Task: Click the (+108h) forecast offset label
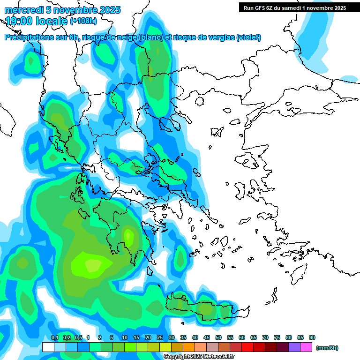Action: pos(83,21)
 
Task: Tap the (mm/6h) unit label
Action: pos(327,348)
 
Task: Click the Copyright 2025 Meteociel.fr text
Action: pos(199,357)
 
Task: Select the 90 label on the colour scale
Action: pos(312,337)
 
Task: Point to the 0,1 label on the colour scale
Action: pos(54,337)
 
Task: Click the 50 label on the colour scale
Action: pos(218,337)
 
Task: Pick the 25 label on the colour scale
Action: pos(160,337)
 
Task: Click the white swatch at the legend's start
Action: pos(48,347)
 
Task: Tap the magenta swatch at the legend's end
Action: pos(306,347)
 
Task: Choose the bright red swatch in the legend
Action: pos(247,347)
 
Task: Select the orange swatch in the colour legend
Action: pos(189,347)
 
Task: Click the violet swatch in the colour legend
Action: pos(294,347)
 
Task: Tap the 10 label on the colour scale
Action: pos(125,337)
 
